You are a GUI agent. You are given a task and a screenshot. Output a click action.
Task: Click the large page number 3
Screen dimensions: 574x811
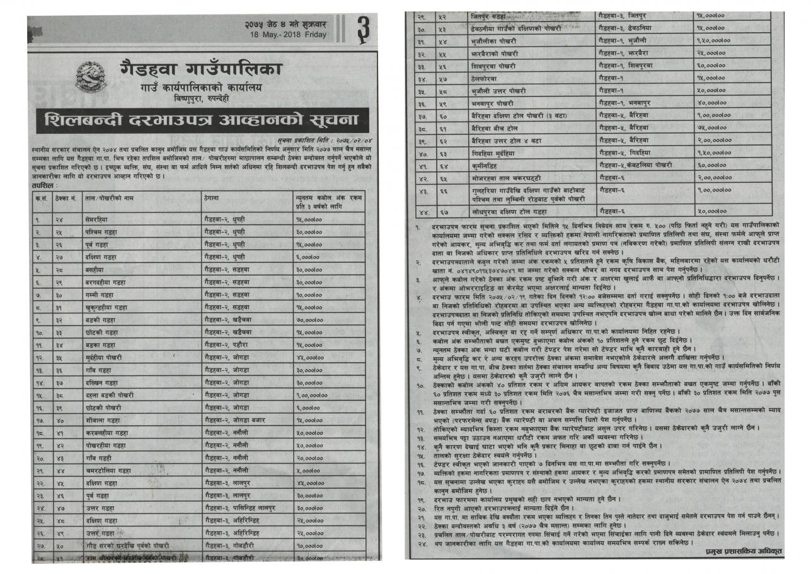tap(363, 30)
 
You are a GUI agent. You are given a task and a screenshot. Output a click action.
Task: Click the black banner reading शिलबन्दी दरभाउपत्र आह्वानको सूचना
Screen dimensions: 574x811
tap(197, 119)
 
